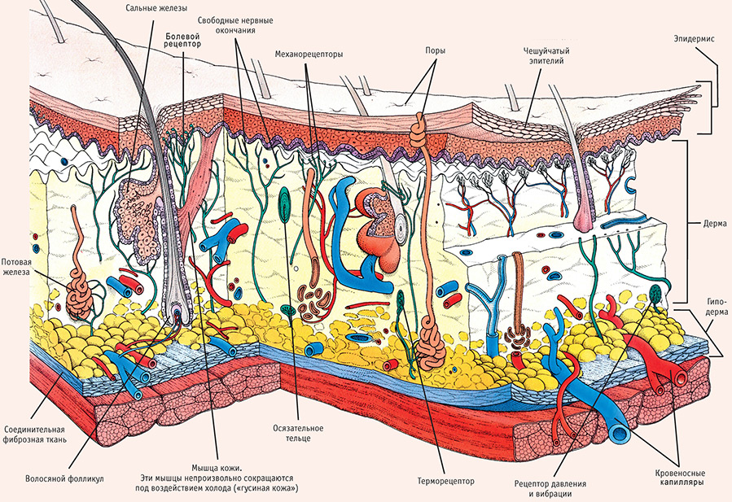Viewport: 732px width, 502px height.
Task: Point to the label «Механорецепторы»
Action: click(x=309, y=55)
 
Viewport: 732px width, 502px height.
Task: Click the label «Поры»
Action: click(x=435, y=49)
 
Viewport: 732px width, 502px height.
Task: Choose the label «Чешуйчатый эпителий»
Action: click(x=546, y=55)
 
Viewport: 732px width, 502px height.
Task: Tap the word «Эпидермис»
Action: click(x=694, y=38)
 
